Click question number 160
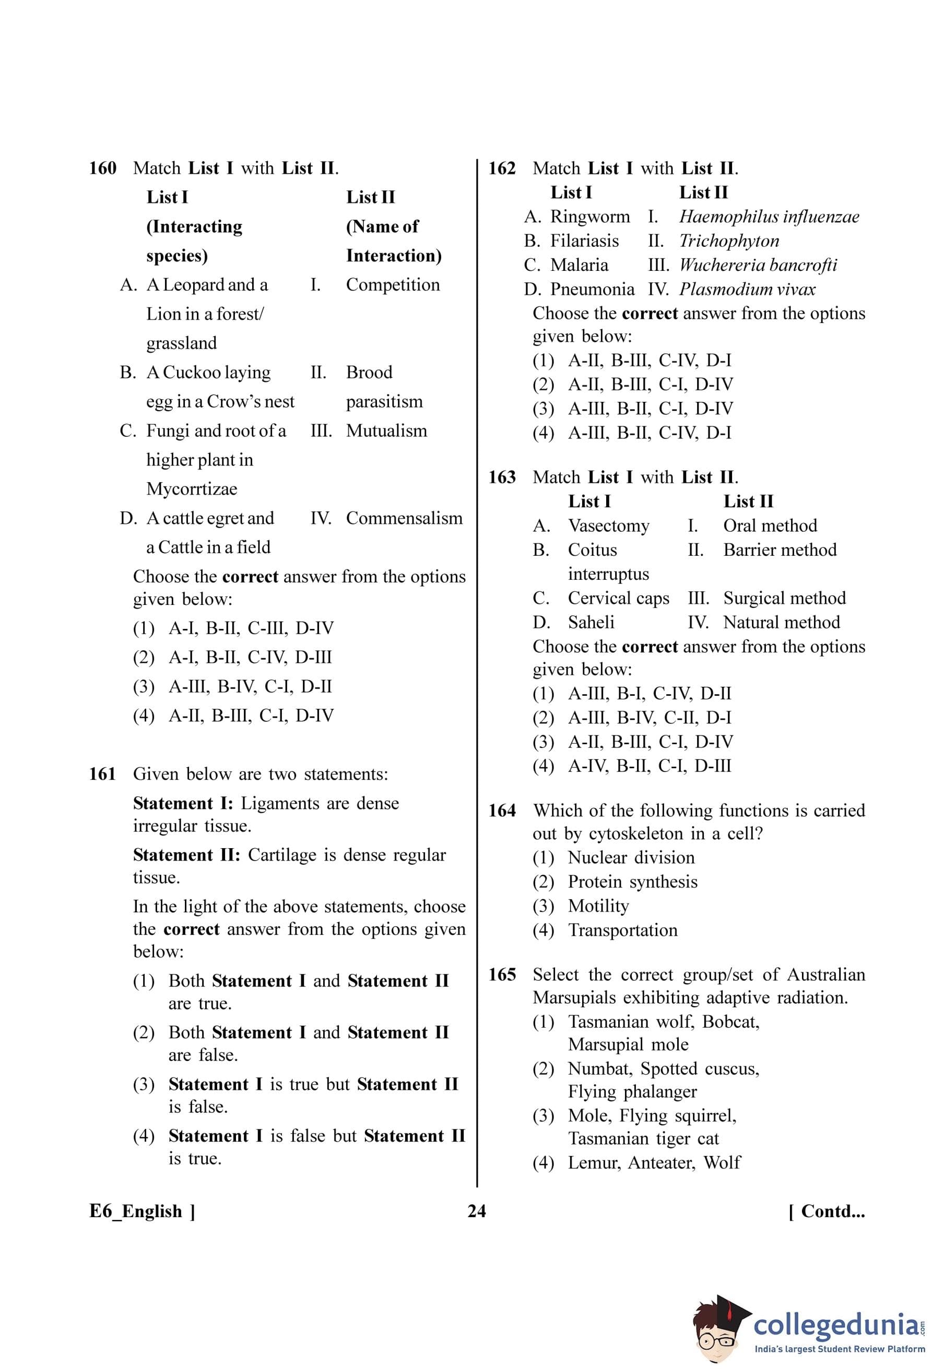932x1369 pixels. click(x=102, y=169)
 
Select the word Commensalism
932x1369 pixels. click(x=404, y=518)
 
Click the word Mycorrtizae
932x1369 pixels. click(x=192, y=489)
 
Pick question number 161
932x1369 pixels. click(x=102, y=774)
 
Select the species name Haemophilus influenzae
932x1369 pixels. click(x=769, y=217)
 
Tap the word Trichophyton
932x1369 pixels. click(x=729, y=241)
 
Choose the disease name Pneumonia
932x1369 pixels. click(x=592, y=289)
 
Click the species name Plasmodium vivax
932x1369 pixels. click(x=747, y=289)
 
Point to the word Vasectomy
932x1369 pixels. click(x=609, y=526)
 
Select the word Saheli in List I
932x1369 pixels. click(x=591, y=622)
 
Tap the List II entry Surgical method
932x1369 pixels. click(x=784, y=598)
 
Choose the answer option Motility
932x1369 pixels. click(x=598, y=906)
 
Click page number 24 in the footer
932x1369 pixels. click(x=477, y=1211)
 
